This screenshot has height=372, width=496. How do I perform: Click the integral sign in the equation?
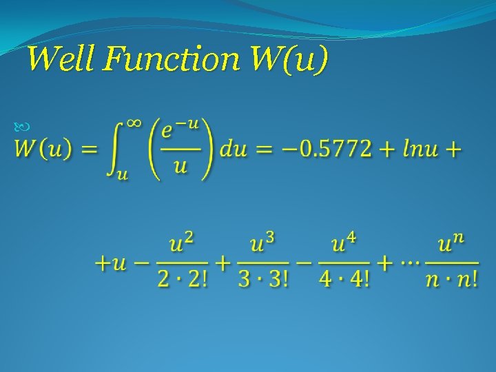113,149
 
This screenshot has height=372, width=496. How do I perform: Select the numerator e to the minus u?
180,130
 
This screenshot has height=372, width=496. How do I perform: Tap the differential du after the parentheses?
233,149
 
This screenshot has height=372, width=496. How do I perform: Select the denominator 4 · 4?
344,281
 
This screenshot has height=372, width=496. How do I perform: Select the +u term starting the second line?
111,264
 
